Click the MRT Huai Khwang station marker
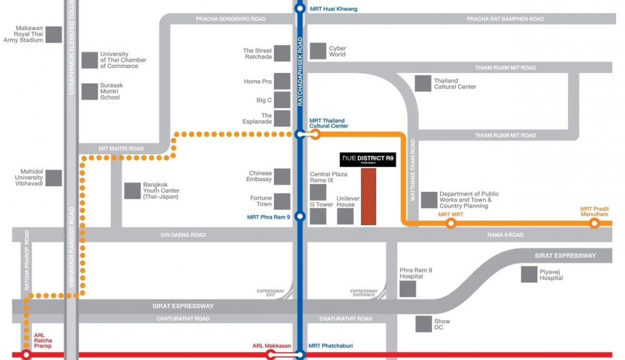click(300, 9)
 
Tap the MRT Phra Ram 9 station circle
click(300, 217)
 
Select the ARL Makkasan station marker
click(271, 355)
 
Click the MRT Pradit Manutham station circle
click(594, 223)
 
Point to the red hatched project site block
click(369, 197)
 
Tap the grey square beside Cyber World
click(319, 51)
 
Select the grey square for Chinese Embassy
click(282, 177)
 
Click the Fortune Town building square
click(282, 201)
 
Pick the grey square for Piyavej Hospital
click(529, 274)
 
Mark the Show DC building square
click(424, 324)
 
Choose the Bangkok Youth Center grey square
click(132, 191)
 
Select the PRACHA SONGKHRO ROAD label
click(231, 19)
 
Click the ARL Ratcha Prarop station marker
click(26, 355)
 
